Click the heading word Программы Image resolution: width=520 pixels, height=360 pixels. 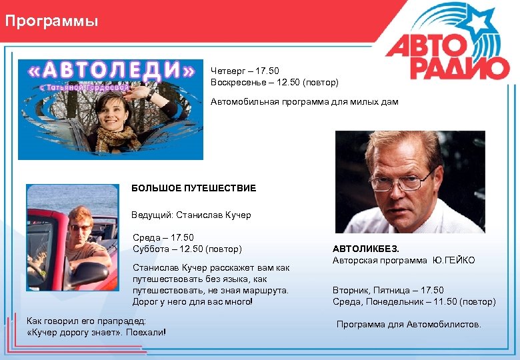pos(51,22)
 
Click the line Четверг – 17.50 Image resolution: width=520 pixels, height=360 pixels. pos(245,71)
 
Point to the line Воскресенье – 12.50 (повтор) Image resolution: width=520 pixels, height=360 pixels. pos(274,83)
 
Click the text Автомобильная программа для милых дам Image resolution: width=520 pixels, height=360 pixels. pos(304,102)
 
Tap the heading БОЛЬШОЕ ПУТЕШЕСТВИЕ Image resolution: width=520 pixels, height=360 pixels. pos(193,189)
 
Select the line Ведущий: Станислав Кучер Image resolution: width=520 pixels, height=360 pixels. pos(191,215)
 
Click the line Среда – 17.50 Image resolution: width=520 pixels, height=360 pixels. pos(163,237)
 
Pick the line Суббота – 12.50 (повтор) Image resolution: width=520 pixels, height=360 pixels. pos(187,249)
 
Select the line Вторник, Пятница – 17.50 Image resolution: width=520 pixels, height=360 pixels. pos(388,290)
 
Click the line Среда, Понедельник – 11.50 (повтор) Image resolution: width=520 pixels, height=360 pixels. pos(414,302)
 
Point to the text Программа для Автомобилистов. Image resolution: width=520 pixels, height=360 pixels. pos(408,325)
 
